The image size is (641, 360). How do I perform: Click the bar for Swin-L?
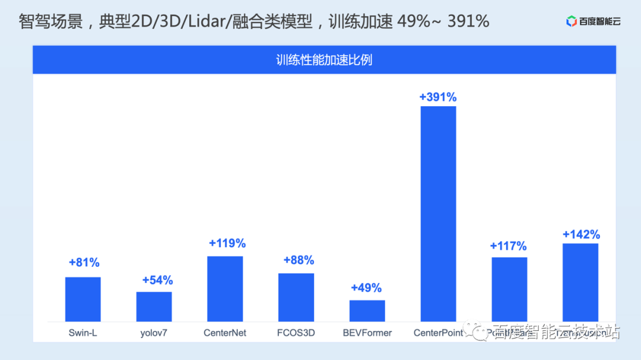pyautogui.click(x=82, y=299)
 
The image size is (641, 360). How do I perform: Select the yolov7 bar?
pyautogui.click(x=154, y=307)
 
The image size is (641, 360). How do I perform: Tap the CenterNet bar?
pyautogui.click(x=225, y=289)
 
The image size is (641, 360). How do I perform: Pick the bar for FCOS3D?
pyautogui.click(x=296, y=297)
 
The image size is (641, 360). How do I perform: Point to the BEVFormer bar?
pyautogui.click(x=367, y=311)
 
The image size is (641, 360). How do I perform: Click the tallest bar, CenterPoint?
pyautogui.click(x=438, y=214)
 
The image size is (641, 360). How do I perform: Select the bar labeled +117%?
pyautogui.click(x=509, y=289)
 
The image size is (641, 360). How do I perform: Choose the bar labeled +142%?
pyautogui.click(x=580, y=282)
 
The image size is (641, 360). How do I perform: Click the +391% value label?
pyautogui.click(x=438, y=97)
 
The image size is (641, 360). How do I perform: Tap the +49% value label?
pyautogui.click(x=366, y=288)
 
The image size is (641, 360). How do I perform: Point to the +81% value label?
pyautogui.click(x=84, y=262)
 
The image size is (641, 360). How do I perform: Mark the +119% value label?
pyautogui.click(x=227, y=243)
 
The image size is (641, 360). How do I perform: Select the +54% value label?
pyautogui.click(x=157, y=280)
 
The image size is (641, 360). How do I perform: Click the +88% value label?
pyautogui.click(x=299, y=260)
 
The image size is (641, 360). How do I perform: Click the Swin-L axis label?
pyautogui.click(x=82, y=333)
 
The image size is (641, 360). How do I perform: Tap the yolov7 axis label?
pyautogui.click(x=154, y=333)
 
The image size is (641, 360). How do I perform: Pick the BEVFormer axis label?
pyautogui.click(x=367, y=333)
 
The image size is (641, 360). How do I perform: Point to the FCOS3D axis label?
pyautogui.click(x=296, y=333)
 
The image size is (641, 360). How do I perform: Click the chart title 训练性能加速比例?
pyautogui.click(x=324, y=60)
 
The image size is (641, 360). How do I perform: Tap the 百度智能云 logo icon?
pyautogui.click(x=572, y=22)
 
